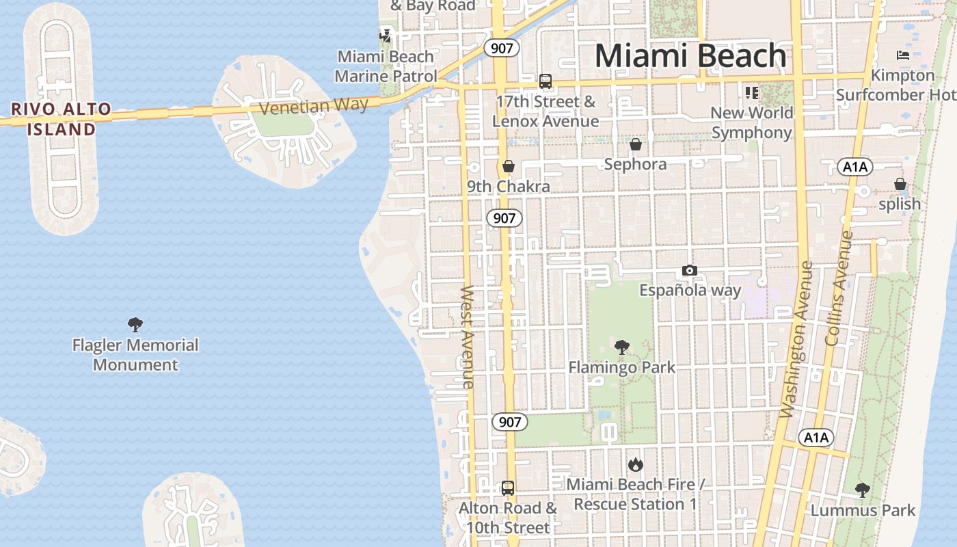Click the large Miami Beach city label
pos(690,56)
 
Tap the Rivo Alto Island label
pos(62,119)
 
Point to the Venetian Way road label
pos(314,107)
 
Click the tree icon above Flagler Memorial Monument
pos(135,325)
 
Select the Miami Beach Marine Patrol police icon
pos(386,35)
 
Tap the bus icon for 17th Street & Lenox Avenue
pos(545,81)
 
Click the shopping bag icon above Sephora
pos(636,144)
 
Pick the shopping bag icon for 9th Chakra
pos(508,166)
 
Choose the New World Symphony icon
pos(752,92)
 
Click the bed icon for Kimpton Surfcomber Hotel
pos(903,55)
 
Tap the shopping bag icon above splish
pos(900,184)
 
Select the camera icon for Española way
pos(690,271)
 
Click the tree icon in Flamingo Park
pos(621,347)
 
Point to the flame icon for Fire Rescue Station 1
pos(636,465)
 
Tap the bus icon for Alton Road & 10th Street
pos(508,488)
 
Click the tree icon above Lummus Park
pos(863,490)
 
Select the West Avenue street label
pos(468,337)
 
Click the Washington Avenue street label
pos(797,339)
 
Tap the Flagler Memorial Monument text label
pos(135,355)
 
